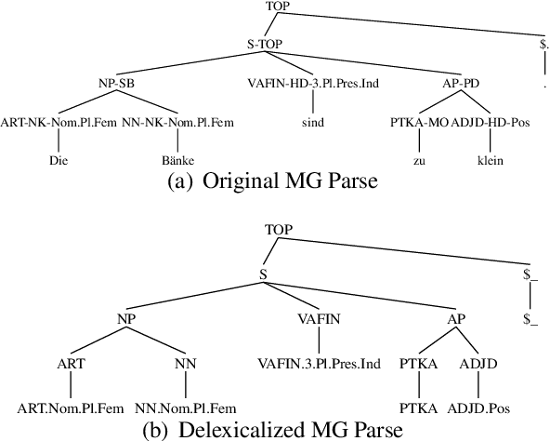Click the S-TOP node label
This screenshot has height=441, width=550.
pos(265,43)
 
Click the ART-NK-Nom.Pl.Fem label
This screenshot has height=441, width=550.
pos(55,121)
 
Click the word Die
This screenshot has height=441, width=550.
pos(59,160)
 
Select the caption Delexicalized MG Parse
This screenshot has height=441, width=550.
pos(275,429)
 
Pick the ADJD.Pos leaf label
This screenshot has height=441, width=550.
pos(479,407)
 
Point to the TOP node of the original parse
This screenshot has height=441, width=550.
pos(278,7)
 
